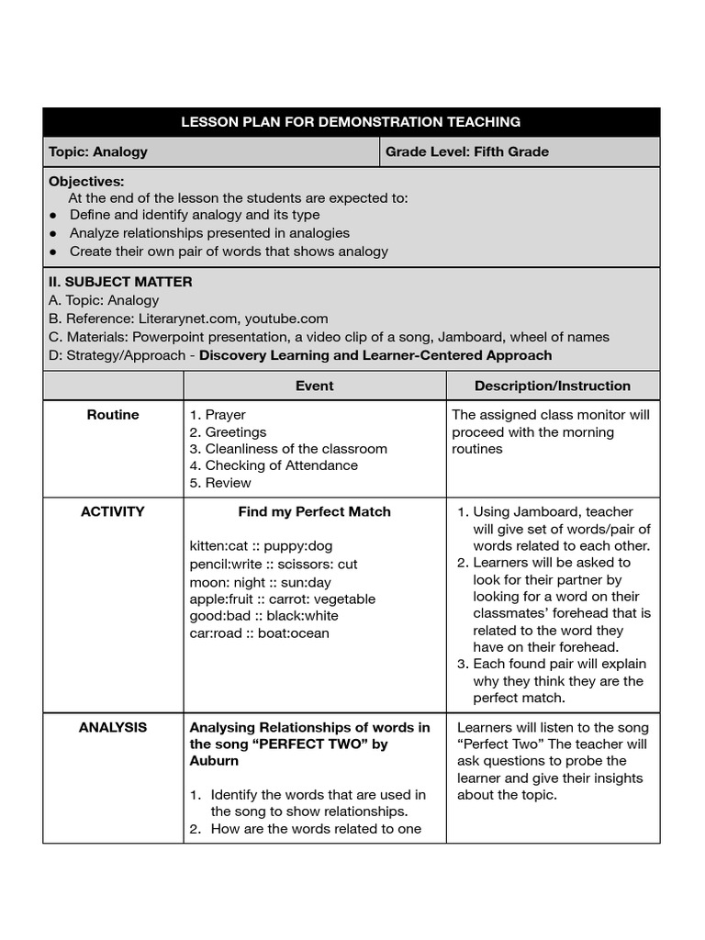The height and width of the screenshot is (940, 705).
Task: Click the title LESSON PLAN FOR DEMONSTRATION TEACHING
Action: click(x=351, y=121)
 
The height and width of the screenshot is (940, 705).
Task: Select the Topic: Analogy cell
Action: click(x=98, y=151)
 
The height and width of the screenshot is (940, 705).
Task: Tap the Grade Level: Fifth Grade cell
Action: click(x=466, y=151)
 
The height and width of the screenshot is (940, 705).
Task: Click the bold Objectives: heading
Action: click(x=86, y=182)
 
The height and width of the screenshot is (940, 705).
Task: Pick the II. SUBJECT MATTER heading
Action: click(x=120, y=282)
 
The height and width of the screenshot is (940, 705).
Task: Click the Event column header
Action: click(x=314, y=386)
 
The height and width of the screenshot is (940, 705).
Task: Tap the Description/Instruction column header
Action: click(x=552, y=386)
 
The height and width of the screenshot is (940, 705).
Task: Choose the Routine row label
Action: click(x=113, y=415)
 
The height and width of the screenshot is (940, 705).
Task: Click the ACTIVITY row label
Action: click(x=113, y=511)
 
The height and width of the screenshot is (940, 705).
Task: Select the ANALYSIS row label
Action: click(x=113, y=727)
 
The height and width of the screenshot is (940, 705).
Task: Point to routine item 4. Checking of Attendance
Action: click(x=274, y=465)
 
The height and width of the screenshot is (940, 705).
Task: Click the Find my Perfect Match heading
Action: click(x=314, y=511)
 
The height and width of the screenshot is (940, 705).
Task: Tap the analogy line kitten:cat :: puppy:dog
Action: click(x=261, y=547)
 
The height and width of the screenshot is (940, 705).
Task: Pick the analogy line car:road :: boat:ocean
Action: click(x=259, y=633)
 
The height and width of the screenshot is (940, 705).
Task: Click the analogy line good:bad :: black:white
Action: click(x=263, y=616)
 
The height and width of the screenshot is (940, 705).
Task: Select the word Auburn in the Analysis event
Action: click(x=214, y=761)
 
